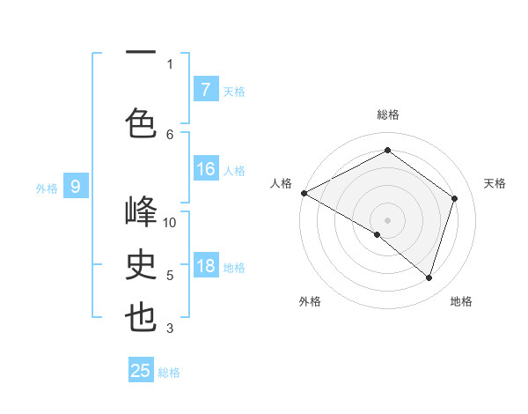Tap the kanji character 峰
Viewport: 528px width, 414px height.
point(141,212)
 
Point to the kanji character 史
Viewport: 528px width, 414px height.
point(141,265)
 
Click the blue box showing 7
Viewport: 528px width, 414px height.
point(205,89)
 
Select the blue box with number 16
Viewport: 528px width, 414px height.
point(205,170)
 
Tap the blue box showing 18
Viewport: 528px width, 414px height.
point(205,267)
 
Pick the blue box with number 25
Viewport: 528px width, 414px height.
point(141,371)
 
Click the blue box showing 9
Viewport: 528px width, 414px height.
point(76,186)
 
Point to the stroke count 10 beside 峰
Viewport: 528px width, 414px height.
point(170,222)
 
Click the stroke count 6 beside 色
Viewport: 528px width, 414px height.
point(170,134)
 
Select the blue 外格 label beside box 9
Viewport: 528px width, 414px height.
point(46,188)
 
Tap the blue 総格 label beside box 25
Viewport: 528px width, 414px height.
point(169,373)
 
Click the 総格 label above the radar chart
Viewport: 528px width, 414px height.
point(388,115)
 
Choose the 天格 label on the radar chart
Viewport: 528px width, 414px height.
point(495,183)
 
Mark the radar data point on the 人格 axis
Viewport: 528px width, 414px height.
point(304,192)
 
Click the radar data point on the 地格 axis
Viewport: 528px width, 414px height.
point(429,277)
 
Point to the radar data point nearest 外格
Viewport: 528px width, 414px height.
point(378,234)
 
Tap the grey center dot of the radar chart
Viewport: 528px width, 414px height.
point(387,218)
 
